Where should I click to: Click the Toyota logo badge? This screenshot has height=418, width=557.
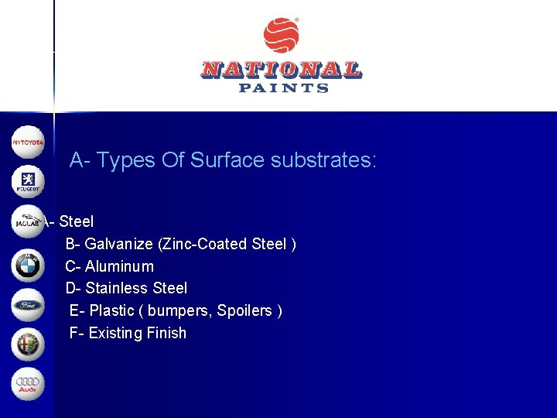[29, 142]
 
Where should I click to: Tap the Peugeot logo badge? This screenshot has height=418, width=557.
[29, 182]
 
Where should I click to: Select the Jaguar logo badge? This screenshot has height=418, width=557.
[29, 222]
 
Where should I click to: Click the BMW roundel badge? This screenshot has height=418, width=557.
[29, 266]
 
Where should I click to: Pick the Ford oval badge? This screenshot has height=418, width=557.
[29, 305]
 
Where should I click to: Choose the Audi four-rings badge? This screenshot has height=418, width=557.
[29, 384]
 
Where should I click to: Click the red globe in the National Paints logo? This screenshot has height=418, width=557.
[281, 36]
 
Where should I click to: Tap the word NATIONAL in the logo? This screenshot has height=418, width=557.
[281, 70]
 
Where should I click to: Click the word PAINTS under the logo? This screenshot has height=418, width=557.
[283, 88]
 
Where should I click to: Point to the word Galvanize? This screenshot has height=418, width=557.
[118, 244]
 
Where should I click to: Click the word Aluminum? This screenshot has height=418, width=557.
[119, 266]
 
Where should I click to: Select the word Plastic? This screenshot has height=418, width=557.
[111, 310]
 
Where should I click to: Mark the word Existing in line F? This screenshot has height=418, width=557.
[115, 333]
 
